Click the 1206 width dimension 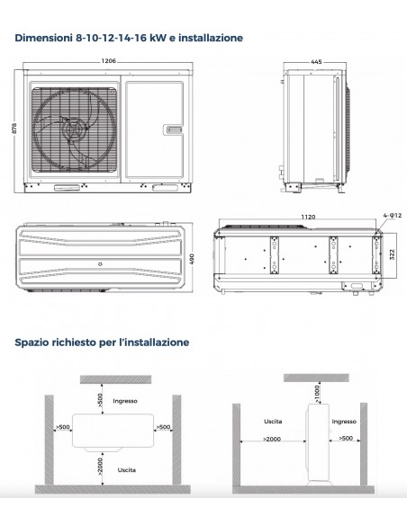(x=110, y=61)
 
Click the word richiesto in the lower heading (x=81, y=343)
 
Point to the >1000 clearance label (x=319, y=388)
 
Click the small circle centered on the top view (x=99, y=262)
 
